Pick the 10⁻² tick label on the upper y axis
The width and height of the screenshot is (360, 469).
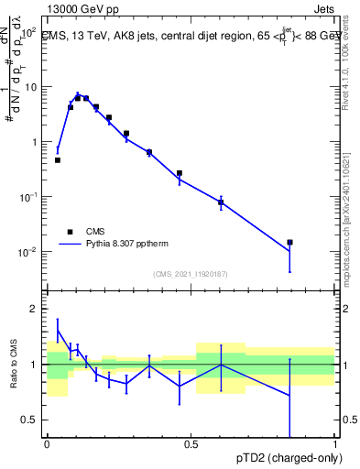(x=27, y=252)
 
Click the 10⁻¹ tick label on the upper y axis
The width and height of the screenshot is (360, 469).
(x=27, y=197)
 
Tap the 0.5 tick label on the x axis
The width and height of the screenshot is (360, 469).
(x=191, y=443)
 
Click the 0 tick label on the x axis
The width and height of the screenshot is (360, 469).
(x=47, y=443)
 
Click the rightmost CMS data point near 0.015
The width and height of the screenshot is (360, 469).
(x=289, y=243)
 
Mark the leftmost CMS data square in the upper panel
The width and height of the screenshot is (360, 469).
(x=58, y=160)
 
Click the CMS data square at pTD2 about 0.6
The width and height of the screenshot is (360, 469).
(x=221, y=202)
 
